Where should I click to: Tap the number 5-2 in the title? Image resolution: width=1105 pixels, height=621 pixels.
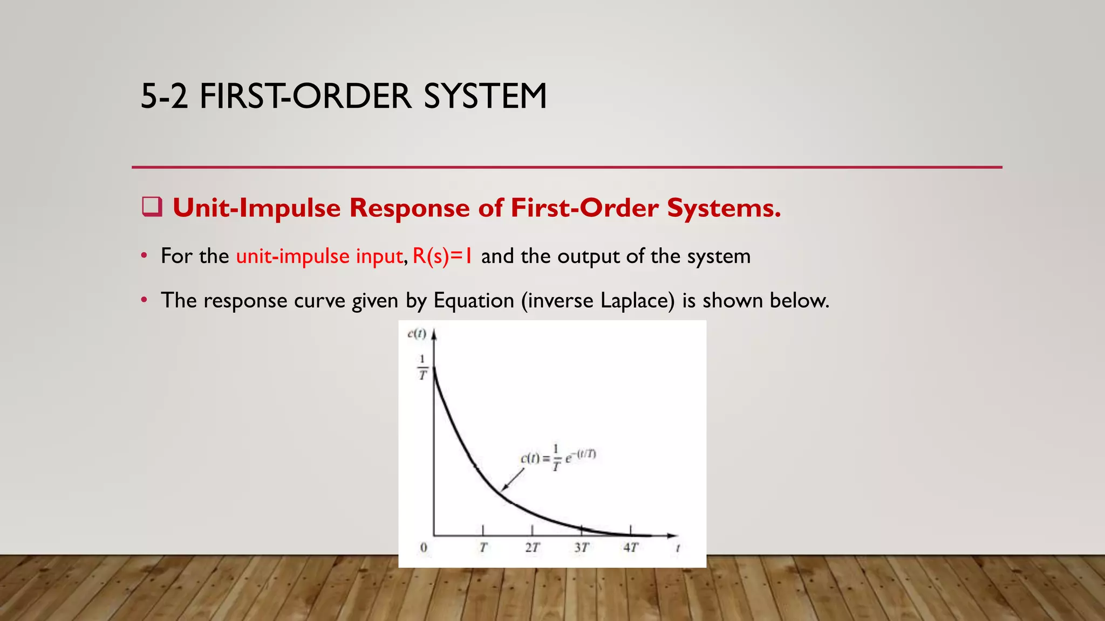tap(164, 96)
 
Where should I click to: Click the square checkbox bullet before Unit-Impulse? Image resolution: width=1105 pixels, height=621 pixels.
tap(152, 207)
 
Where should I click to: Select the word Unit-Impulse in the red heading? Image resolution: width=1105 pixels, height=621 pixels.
tap(256, 208)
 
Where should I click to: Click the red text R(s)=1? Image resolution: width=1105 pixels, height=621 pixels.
tap(442, 256)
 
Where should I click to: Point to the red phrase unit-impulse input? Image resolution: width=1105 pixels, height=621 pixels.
tap(319, 256)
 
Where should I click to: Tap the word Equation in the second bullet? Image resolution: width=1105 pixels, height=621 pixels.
tap(474, 300)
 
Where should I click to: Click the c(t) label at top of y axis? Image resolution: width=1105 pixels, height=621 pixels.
tap(417, 334)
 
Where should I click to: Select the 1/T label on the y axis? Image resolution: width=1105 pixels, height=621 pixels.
tap(422, 367)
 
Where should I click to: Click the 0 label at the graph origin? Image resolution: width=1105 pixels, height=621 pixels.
tap(424, 548)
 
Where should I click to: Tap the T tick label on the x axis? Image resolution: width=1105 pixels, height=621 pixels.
tap(483, 548)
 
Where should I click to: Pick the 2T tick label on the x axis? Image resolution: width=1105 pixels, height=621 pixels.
tap(532, 548)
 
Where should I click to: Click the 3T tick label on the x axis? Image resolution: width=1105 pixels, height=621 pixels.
tap(581, 548)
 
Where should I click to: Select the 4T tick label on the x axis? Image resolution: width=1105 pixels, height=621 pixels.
tap(630, 548)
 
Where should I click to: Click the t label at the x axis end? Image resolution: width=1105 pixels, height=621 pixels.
tap(678, 548)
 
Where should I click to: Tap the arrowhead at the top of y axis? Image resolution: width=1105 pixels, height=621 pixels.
tap(434, 335)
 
